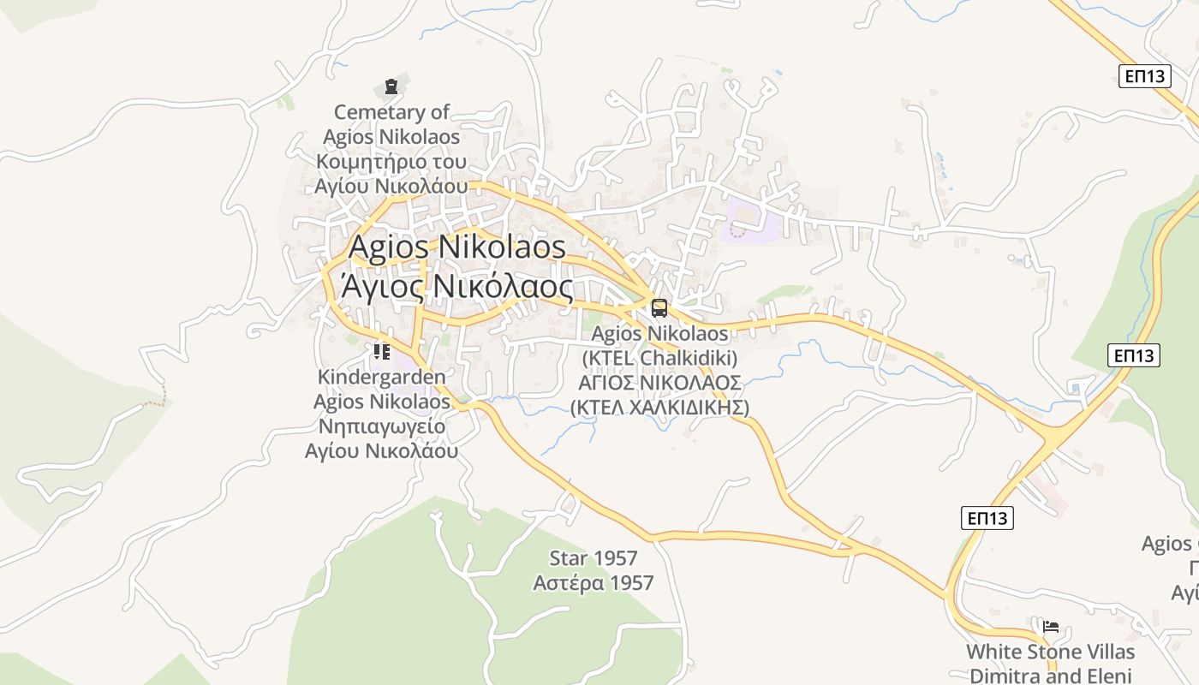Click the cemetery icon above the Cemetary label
pos(391,86)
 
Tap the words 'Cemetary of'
pos(391,112)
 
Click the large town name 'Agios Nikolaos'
pos(457,247)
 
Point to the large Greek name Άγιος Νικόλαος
pos(457,285)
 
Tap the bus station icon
pos(659,308)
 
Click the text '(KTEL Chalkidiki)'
pos(659,358)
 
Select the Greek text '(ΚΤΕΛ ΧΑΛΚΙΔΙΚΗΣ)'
pos(659,408)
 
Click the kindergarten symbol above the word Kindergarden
pos(382,351)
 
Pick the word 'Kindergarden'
pos(382,377)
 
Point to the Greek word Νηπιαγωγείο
pos(382,426)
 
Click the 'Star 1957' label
pos(594,559)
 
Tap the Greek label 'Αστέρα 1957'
pos(594,584)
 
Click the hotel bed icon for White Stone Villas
pos(1051,627)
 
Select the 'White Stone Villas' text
pos(1051,652)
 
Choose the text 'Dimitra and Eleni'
pos(1051,676)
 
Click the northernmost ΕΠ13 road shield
pos(1144,76)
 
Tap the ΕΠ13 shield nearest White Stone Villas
pos(987,517)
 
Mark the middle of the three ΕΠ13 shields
pos(1134,354)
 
